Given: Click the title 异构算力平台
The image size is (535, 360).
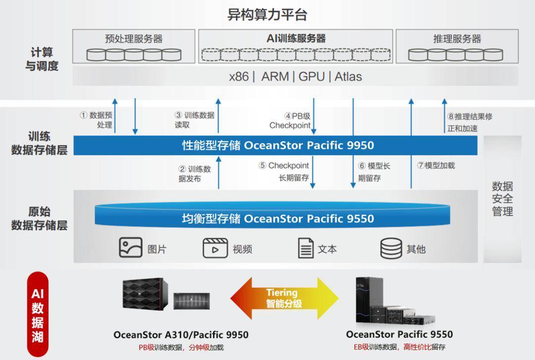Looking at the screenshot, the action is (267, 15).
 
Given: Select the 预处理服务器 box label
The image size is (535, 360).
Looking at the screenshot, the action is (134, 39).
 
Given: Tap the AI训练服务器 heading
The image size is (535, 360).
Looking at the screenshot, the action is (296, 39).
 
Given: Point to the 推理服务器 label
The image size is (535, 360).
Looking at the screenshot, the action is (457, 39).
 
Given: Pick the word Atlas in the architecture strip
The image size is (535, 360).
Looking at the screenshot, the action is (348, 76).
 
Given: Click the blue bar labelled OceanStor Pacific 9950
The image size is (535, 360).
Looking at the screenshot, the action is (275, 146).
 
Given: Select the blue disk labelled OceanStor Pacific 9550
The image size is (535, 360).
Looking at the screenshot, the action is (272, 215).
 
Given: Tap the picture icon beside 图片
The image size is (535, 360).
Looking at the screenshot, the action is (131, 248).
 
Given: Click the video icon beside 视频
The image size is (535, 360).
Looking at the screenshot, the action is (215, 248).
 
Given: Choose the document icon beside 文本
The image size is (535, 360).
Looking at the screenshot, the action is (306, 248).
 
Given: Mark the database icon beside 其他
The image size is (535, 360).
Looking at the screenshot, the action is (391, 249).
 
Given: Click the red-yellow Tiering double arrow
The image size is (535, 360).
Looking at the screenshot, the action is (284, 298).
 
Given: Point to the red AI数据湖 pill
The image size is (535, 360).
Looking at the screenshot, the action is (38, 314).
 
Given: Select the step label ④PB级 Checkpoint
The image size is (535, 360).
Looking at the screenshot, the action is (290, 121).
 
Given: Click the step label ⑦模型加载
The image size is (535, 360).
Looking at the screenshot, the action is (436, 165).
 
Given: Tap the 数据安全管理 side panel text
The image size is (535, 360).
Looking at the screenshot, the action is (502, 199).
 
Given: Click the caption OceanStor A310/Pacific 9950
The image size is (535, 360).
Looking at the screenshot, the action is (181, 335).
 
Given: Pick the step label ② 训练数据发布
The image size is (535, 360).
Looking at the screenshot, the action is (195, 174).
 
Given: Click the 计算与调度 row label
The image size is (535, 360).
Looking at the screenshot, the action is (42, 59).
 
